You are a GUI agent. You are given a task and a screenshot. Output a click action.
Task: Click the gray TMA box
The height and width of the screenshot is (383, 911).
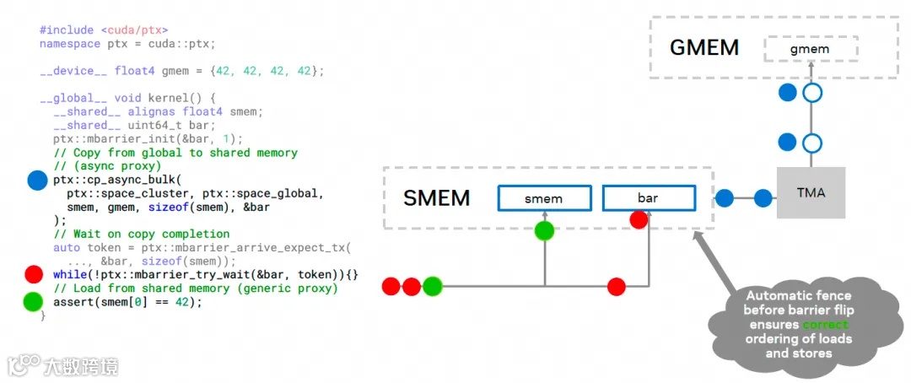[x=811, y=192]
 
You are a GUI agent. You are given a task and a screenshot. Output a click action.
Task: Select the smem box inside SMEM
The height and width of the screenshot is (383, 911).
[x=543, y=199]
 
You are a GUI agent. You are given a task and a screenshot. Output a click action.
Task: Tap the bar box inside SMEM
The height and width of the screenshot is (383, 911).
[x=649, y=199]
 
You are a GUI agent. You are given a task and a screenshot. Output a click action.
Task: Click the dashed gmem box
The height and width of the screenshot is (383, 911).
[x=810, y=49]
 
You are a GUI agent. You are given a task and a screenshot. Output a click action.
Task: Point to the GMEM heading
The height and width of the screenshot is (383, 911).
[x=703, y=47]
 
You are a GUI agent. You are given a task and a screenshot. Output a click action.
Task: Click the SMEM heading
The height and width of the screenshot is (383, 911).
[x=436, y=198]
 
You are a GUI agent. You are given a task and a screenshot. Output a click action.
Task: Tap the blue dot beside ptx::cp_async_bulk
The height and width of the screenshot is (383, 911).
[x=37, y=180]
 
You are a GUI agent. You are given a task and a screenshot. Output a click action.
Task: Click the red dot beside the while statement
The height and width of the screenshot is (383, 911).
[x=34, y=275]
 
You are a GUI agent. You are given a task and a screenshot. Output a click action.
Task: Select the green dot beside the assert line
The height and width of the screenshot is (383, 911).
[x=34, y=301]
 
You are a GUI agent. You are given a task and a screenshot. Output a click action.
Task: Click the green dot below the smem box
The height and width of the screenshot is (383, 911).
[x=544, y=229]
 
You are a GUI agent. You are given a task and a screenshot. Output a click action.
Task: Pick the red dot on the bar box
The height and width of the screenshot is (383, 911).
[x=639, y=220]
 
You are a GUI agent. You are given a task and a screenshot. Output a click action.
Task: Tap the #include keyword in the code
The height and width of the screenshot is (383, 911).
[x=67, y=30]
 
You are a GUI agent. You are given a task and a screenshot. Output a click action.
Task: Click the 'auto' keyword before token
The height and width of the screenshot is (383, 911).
[x=67, y=248]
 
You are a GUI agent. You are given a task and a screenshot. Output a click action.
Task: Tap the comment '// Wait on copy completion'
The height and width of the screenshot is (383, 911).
[x=141, y=234]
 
